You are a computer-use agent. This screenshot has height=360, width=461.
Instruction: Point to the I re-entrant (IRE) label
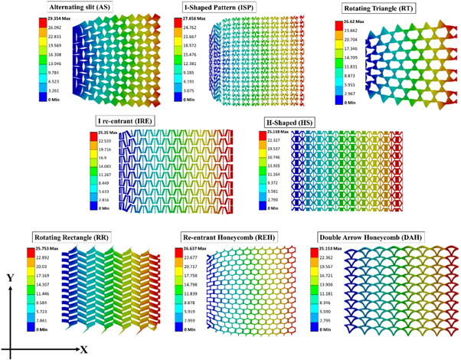point(130,121)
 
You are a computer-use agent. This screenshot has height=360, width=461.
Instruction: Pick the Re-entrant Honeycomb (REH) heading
point(227,237)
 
